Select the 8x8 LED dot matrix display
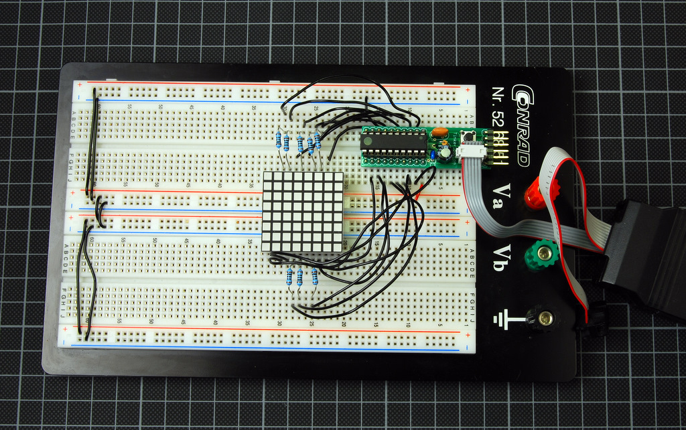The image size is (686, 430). tap(303, 212)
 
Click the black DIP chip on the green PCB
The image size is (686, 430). tap(393, 142)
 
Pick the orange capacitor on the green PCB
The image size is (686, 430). tap(439, 132)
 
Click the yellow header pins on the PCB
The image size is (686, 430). tap(500, 145)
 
